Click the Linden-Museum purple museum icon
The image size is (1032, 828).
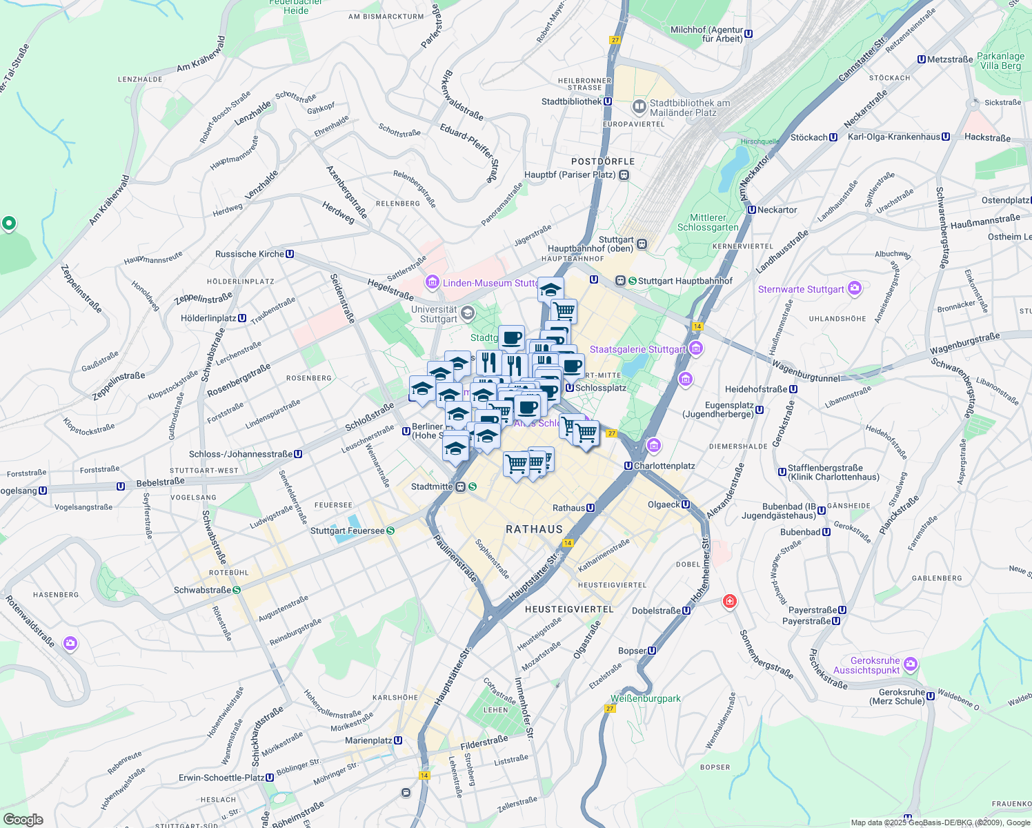pos(433,282)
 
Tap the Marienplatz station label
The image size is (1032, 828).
pos(368,740)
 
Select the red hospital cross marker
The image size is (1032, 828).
pos(729,602)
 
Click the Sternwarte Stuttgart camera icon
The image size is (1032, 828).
pos(855,288)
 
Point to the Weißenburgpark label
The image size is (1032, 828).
pos(646,698)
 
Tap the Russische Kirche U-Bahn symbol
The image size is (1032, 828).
pos(290,254)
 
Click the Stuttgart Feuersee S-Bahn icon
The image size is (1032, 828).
pos(390,531)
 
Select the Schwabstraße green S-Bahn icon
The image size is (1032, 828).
pos(237,590)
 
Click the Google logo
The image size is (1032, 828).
pos(23,819)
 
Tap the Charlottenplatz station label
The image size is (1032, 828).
pos(664,466)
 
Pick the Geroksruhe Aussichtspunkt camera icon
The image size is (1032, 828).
pos(911,664)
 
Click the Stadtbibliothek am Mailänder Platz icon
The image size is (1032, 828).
pos(639,107)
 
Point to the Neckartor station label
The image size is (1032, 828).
pos(777,210)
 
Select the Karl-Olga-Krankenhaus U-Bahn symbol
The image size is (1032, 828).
pos(946,137)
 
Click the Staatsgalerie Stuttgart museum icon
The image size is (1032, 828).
pos(695,349)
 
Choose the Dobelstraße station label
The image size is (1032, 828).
pos(656,611)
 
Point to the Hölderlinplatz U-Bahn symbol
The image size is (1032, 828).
pos(242,318)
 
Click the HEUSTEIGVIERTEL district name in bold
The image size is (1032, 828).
pos(569,609)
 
